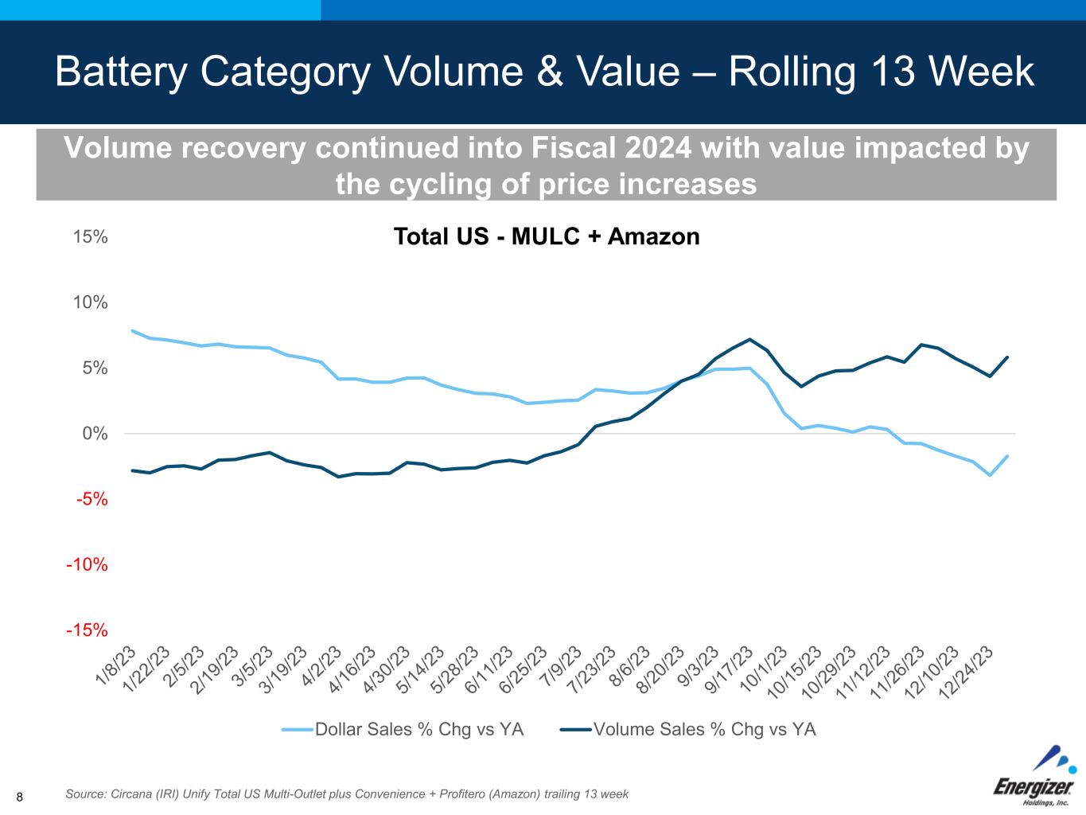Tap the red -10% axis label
(x=87, y=565)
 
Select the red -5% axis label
(x=91, y=499)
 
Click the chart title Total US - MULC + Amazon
(x=547, y=236)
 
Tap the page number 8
(x=20, y=797)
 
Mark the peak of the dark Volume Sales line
(x=749, y=340)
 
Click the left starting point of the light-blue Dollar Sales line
(x=132, y=331)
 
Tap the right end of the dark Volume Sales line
(x=1007, y=357)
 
